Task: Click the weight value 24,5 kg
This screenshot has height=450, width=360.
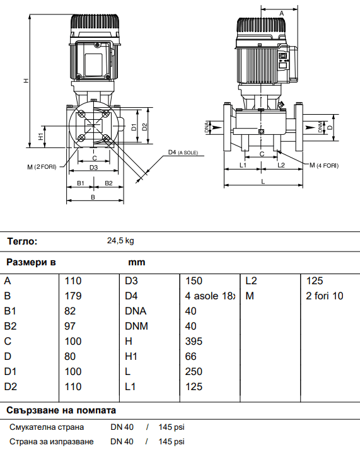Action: (120, 241)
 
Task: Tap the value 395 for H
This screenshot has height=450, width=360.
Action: (194, 341)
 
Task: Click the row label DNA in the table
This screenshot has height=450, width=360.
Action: (134, 311)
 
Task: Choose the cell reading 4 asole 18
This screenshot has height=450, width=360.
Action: (210, 296)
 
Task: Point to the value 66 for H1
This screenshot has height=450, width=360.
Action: (191, 356)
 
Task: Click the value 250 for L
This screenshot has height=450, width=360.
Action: (194, 371)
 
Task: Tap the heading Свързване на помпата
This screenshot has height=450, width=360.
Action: (62, 408)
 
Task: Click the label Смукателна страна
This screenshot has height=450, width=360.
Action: (47, 427)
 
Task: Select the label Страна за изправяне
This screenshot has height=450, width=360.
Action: (51, 441)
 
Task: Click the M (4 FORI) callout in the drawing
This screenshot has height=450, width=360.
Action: (323, 165)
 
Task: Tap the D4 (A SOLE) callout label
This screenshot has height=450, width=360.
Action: (183, 153)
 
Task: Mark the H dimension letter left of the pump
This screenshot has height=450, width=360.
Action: (25, 81)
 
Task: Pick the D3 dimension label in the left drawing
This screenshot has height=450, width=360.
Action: (93, 167)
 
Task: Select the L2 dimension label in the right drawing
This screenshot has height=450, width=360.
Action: (282, 164)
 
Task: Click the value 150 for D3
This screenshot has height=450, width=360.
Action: (194, 280)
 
